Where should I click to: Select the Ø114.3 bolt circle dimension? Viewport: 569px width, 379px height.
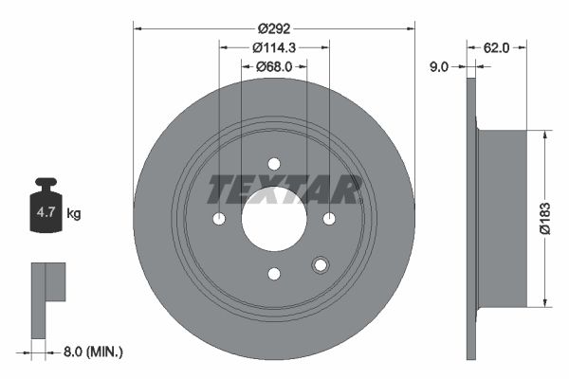274,47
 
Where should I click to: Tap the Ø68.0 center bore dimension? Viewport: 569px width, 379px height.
274,67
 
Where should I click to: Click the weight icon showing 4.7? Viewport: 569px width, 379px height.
46,212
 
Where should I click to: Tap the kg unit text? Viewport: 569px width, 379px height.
74,214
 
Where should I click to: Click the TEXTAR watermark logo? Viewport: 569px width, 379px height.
284,189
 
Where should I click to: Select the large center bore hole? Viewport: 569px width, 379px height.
274,219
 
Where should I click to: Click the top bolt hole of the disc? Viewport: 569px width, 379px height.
274,164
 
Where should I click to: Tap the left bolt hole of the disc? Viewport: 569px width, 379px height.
219,219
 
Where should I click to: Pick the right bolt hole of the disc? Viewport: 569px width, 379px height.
329,219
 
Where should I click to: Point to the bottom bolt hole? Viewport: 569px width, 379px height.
274,274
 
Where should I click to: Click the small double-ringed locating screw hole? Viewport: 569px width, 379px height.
320,265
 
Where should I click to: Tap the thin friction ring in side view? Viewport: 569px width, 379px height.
471,218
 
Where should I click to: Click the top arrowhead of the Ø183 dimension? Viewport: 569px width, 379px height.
543,135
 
